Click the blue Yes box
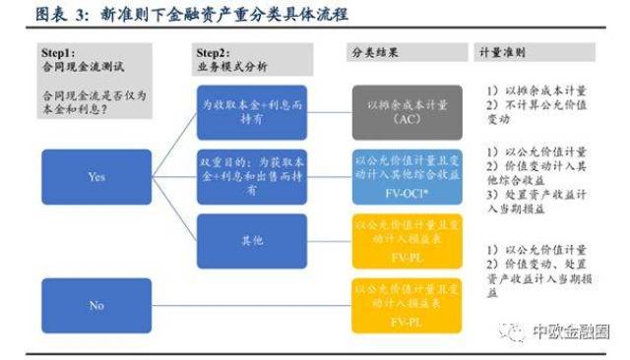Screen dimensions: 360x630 pyautogui.click(x=95, y=177)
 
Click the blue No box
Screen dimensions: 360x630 pyautogui.click(x=95, y=305)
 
